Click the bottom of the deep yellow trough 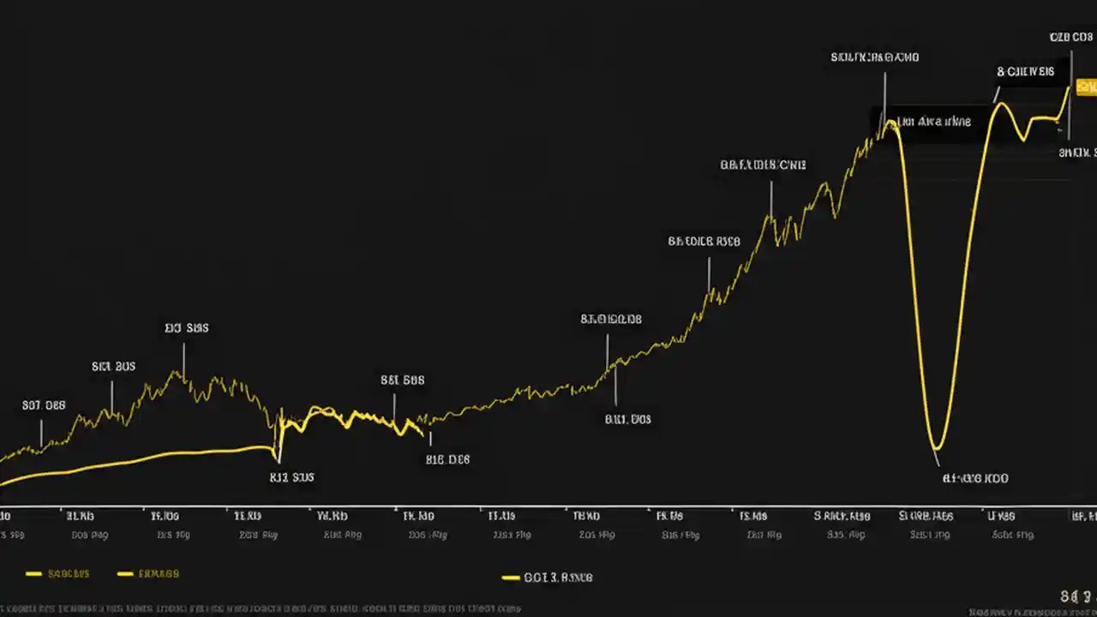click(937, 446)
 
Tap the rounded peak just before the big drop click(891, 125)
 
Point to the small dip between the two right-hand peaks click(1022, 137)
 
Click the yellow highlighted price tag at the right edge click(1087, 86)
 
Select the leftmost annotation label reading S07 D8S click(44, 405)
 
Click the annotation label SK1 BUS click(113, 366)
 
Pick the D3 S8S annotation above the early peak click(186, 327)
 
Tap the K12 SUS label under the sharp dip click(291, 477)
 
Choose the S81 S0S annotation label click(402, 379)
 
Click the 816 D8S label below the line click(447, 459)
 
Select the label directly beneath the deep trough click(975, 478)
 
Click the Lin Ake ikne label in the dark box click(933, 122)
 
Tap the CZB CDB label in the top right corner click(1070, 37)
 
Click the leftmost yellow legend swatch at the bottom click(34, 573)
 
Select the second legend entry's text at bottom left click(159, 573)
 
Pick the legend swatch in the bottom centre click(511, 578)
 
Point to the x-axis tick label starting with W click(332, 516)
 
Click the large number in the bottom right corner click(1076, 596)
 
